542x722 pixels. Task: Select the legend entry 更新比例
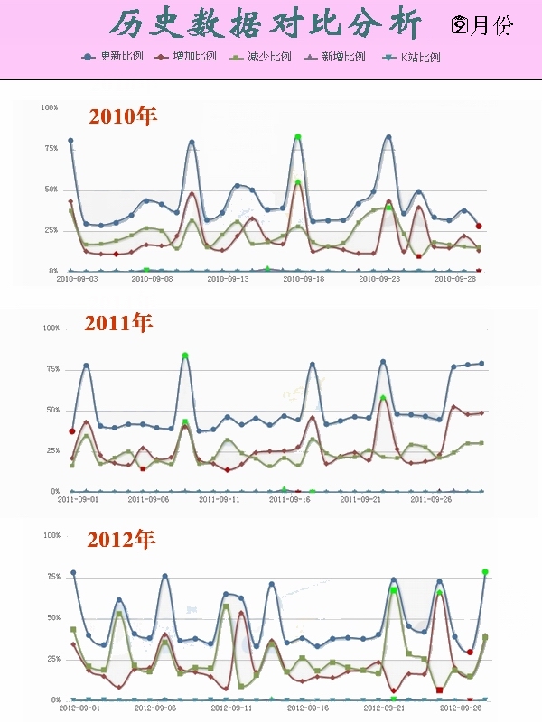coord(120,57)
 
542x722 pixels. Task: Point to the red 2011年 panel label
coord(118,322)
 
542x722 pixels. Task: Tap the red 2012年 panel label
coord(121,540)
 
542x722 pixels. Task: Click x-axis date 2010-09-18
coord(304,280)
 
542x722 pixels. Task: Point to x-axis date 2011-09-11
coord(220,499)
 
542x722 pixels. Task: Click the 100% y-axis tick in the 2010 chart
coord(50,107)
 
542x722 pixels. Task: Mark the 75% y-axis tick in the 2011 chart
coord(51,369)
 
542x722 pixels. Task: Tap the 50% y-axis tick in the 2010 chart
coord(51,190)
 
